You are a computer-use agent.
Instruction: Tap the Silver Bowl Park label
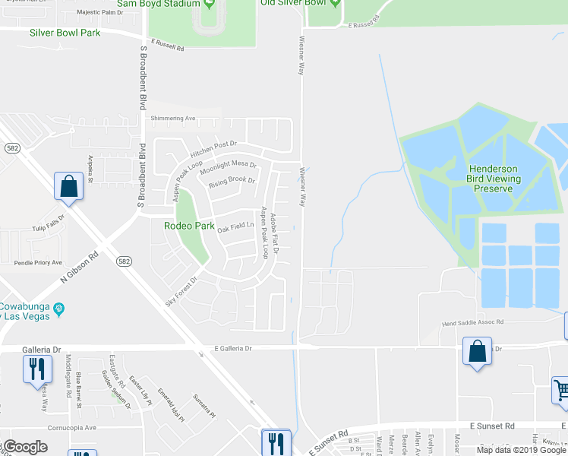[x=65, y=33]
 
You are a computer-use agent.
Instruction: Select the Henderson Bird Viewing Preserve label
[x=493, y=178]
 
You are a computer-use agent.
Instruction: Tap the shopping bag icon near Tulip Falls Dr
[x=68, y=186]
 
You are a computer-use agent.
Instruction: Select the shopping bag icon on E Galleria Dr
[x=477, y=352]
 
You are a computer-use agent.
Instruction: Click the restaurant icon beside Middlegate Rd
[x=36, y=369]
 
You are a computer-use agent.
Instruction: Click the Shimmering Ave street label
[x=173, y=119]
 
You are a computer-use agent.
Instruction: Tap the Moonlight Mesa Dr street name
[x=229, y=166]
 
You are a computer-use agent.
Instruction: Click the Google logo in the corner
[x=27, y=447]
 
